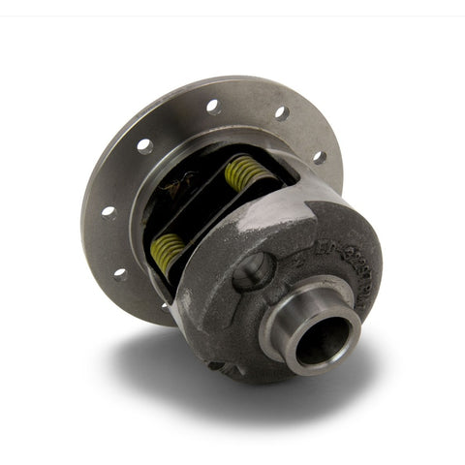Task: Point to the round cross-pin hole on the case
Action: (x=254, y=271)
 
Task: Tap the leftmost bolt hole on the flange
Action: (x=108, y=211)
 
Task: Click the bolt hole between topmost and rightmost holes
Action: (x=281, y=112)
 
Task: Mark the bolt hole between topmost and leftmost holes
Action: (x=144, y=146)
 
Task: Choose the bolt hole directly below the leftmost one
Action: (x=120, y=273)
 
